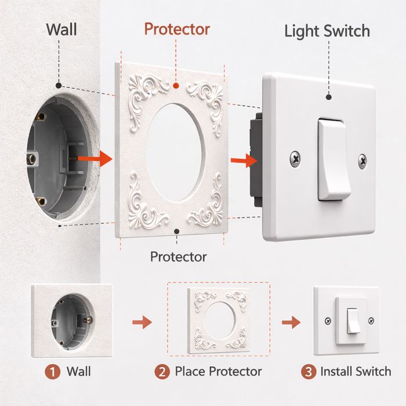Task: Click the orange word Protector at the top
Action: point(177,29)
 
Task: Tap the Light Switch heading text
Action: point(327,31)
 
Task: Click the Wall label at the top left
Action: point(61,30)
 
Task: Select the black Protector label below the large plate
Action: point(179,257)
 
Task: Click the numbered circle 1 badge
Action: point(53,372)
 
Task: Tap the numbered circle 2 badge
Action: point(162,372)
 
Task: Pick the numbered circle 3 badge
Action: point(309,372)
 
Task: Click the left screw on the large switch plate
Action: point(295,158)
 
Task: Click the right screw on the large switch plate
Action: point(362,161)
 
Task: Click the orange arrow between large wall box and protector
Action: point(95,158)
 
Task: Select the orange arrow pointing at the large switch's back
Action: point(244,161)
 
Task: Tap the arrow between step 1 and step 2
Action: point(142,322)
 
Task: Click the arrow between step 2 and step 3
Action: point(292,322)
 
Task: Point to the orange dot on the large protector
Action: point(176,86)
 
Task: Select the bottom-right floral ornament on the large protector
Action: point(207,205)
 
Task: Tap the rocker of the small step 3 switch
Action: point(353,321)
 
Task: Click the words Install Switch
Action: point(356,372)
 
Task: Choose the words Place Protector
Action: point(218,372)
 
